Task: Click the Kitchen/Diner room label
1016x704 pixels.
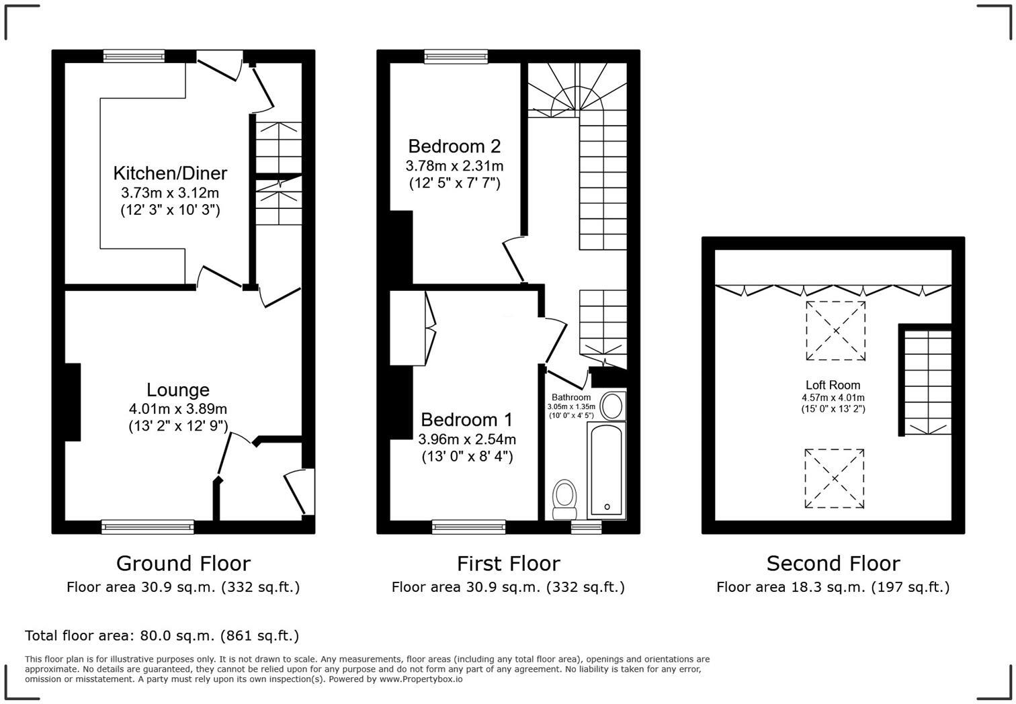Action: pos(170,173)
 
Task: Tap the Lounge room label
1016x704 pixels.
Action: pos(178,390)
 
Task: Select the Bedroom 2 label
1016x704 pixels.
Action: pos(454,146)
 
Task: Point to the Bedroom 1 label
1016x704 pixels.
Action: pos(466,420)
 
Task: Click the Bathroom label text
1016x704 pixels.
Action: pos(571,398)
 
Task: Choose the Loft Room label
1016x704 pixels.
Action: pos(833,386)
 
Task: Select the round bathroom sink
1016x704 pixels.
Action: pos(612,406)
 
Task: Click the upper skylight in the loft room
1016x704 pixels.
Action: pos(836,331)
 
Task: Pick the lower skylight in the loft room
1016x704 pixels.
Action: pos(835,478)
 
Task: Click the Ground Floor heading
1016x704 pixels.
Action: pos(183,563)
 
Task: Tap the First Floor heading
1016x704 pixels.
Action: pos(508,563)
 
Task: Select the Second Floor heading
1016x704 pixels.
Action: pos(833,563)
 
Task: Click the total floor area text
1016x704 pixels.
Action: pos(162,635)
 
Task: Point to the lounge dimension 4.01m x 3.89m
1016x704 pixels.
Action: pos(178,409)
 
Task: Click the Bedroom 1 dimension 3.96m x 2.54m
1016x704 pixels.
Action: pos(467,440)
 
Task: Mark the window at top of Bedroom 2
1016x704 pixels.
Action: pos(456,57)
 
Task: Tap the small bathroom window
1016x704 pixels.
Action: pos(586,528)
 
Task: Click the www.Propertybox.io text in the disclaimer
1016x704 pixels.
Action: pos(421,679)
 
